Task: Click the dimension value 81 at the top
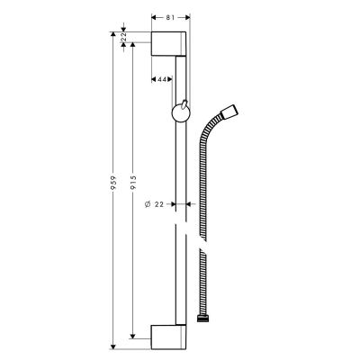tap(170, 15)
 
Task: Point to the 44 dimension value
tap(163, 80)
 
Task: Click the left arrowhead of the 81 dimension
tap(153, 16)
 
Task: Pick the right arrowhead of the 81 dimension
tap(186, 16)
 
